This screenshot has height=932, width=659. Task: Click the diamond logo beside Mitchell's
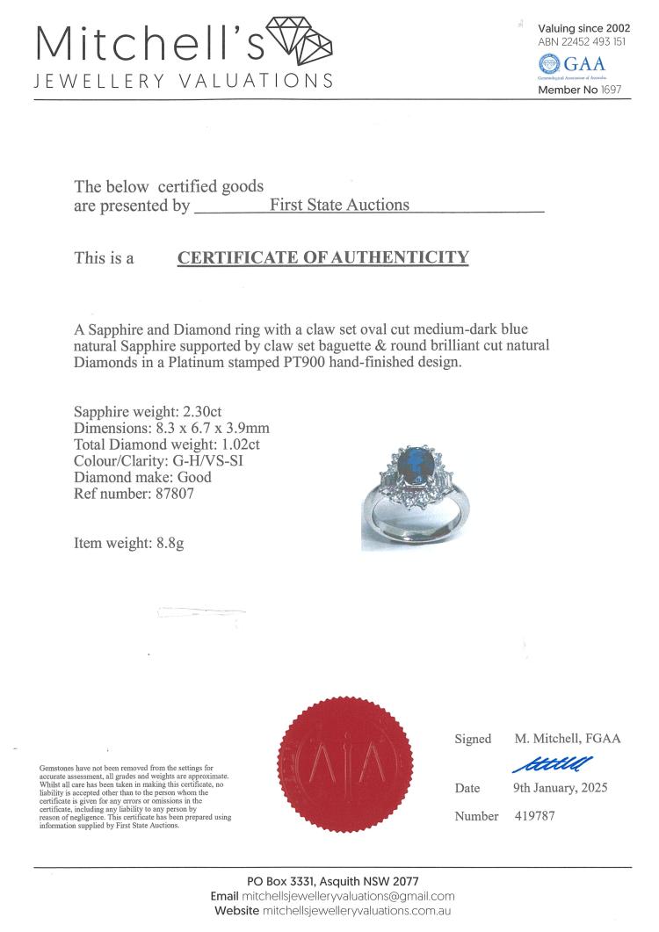(x=300, y=40)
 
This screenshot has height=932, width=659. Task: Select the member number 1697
(x=612, y=90)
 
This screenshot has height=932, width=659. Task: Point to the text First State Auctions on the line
(x=339, y=205)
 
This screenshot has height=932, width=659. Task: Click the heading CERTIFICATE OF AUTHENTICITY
(x=323, y=257)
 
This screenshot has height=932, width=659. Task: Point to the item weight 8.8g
(x=166, y=544)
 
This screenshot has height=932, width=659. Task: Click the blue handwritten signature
(x=552, y=762)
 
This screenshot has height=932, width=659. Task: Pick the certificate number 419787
(x=534, y=816)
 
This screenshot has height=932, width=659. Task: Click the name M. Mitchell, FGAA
(x=567, y=738)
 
